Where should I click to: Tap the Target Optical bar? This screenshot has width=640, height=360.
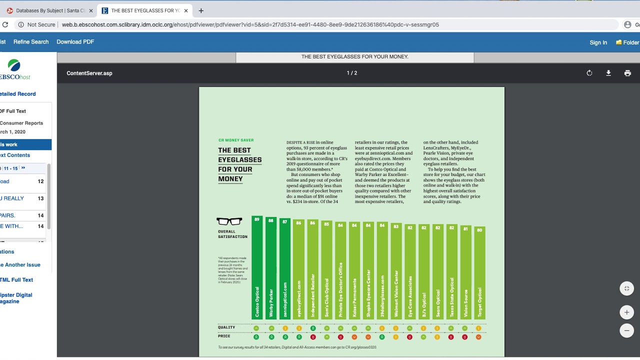pos(479,272)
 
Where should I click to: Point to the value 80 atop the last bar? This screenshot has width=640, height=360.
pos(479,230)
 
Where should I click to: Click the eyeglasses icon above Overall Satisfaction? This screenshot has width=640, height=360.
pos(229,221)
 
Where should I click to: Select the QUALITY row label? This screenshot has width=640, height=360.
pos(226,327)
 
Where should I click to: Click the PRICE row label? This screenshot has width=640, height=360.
pos(224,336)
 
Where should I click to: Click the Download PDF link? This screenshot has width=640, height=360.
pos(75,42)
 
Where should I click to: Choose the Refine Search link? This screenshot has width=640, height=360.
pos(31,42)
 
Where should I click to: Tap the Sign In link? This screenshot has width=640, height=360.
pos(598,42)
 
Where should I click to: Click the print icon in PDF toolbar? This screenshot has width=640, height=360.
pos(627,73)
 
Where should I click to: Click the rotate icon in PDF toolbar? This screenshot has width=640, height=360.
pos(589,73)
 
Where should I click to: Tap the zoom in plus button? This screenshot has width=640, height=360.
pos(626,312)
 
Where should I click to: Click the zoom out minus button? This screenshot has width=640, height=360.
pos(626,330)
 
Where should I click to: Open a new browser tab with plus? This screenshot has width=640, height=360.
pos(201,10)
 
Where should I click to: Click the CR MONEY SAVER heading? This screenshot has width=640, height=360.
pos(236,140)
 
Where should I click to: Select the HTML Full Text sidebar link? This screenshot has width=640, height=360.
pos(16,280)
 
